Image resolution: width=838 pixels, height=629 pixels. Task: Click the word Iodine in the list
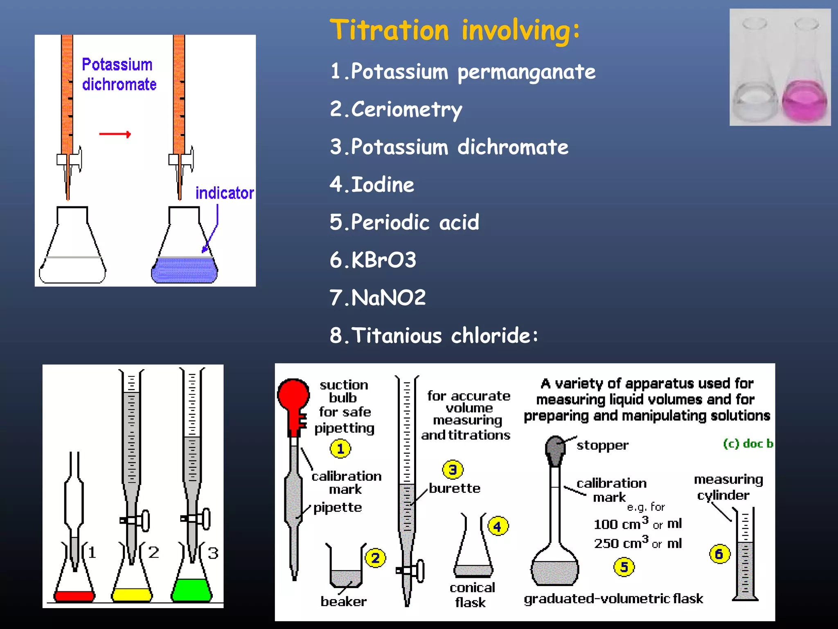point(383,185)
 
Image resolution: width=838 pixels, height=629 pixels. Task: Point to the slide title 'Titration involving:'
point(455,30)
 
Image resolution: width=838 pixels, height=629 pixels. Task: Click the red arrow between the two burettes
point(115,134)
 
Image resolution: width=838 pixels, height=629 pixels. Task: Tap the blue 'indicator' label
point(224,193)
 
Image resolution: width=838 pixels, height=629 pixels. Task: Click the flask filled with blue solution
point(184,269)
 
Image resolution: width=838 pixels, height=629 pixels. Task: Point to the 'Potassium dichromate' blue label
point(119,75)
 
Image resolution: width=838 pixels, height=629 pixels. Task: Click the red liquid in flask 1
point(74,596)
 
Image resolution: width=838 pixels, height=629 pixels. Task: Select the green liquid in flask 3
point(191,590)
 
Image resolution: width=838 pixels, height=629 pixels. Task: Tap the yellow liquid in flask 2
point(132,595)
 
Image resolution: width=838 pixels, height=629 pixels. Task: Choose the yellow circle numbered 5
point(624,567)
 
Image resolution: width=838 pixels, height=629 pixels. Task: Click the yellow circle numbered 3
point(453,470)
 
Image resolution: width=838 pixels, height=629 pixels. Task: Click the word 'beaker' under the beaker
point(343,602)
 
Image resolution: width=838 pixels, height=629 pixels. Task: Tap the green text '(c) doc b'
point(748,444)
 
